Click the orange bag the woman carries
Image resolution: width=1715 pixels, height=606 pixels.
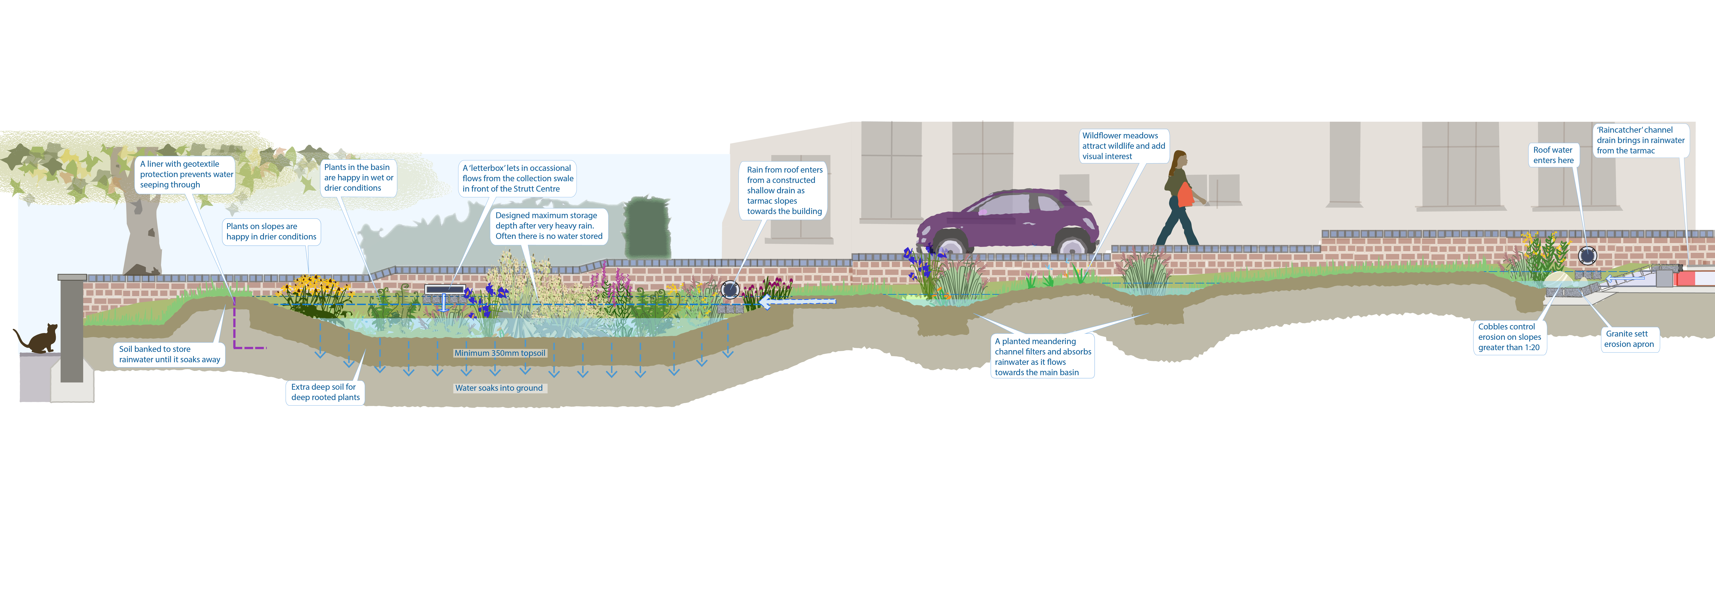(1185, 195)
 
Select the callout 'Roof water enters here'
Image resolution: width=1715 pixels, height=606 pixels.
(1553, 155)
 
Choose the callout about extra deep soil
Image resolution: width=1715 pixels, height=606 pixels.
(325, 392)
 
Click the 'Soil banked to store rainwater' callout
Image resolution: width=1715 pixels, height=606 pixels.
(170, 354)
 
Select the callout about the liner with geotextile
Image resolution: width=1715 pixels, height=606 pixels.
(186, 174)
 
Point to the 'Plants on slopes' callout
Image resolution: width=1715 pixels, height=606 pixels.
(271, 232)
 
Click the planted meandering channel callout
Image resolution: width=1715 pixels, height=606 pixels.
(1043, 357)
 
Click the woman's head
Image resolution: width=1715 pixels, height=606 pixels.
(1180, 160)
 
